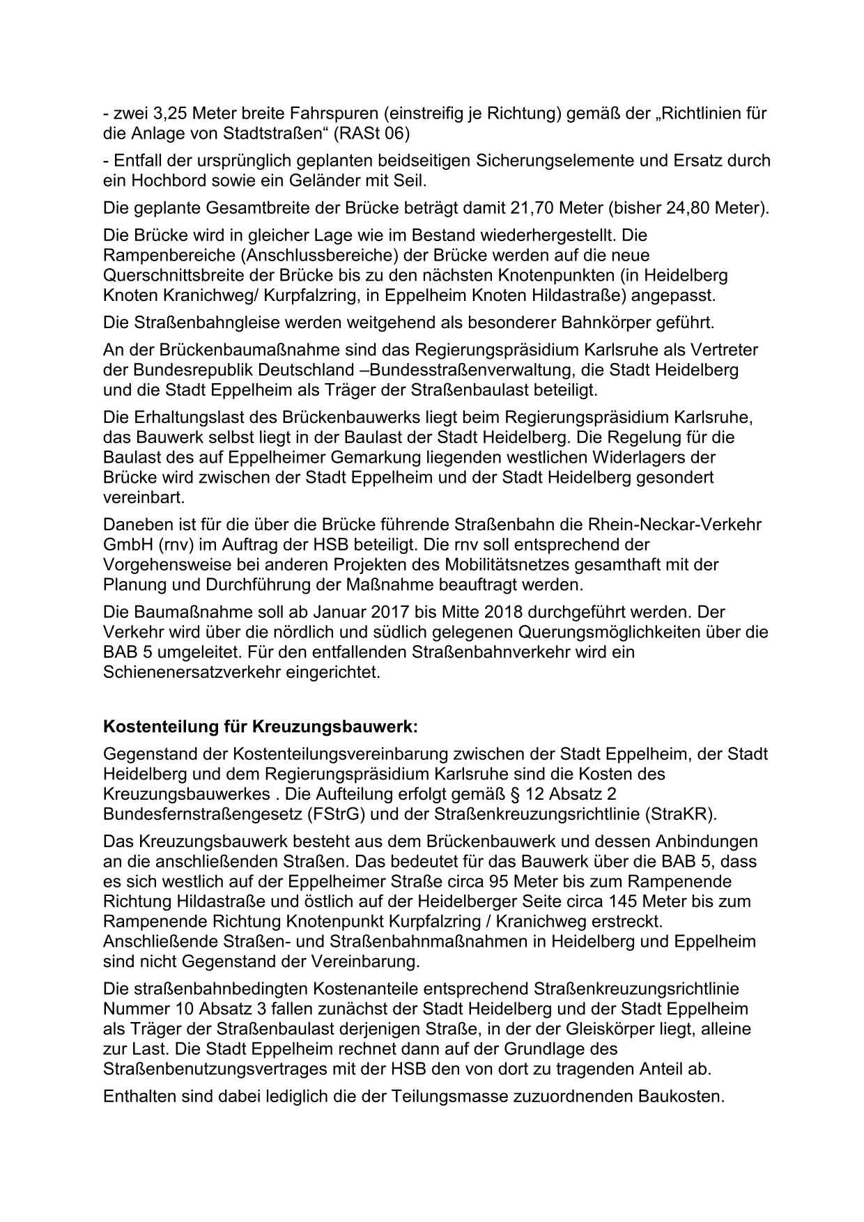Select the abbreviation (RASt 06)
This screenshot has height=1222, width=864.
coord(371,132)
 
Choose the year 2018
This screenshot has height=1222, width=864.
coord(497,612)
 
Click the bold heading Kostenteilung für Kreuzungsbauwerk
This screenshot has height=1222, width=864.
coord(261,727)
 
